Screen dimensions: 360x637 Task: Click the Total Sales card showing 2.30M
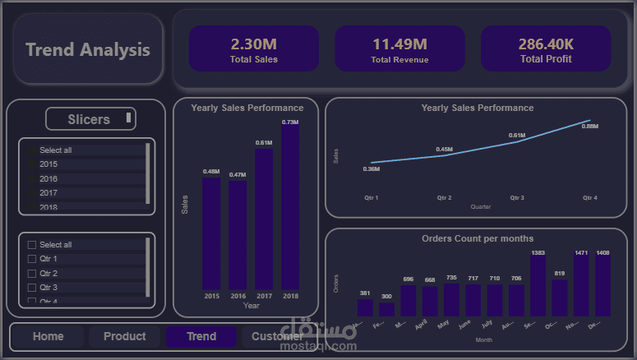(253, 48)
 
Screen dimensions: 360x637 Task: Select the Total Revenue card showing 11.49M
(399, 48)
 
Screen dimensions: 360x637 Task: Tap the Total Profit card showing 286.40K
(546, 48)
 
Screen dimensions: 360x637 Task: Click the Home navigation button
(48, 336)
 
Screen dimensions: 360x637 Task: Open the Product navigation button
(125, 336)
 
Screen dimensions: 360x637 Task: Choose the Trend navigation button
(201, 336)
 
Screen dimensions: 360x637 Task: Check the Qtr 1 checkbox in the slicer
(32, 259)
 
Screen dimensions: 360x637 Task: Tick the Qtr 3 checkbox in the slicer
(32, 288)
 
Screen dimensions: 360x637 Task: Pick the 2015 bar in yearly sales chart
(211, 233)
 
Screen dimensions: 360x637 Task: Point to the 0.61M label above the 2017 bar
(264, 143)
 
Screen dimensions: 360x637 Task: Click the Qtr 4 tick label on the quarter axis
(589, 198)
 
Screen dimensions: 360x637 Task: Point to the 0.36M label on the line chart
(372, 169)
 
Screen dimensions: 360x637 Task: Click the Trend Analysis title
(88, 49)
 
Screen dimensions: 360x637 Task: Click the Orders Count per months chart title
(478, 238)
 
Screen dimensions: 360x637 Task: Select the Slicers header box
(90, 119)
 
